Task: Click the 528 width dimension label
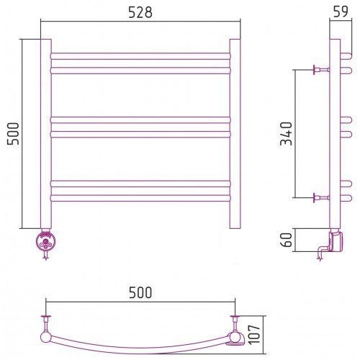140,12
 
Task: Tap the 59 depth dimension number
341,12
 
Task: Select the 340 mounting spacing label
287,134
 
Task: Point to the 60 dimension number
287,240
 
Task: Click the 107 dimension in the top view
254,335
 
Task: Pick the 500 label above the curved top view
140,292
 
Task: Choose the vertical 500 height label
13,134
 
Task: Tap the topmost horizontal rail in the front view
140,56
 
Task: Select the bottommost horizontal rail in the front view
140,198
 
